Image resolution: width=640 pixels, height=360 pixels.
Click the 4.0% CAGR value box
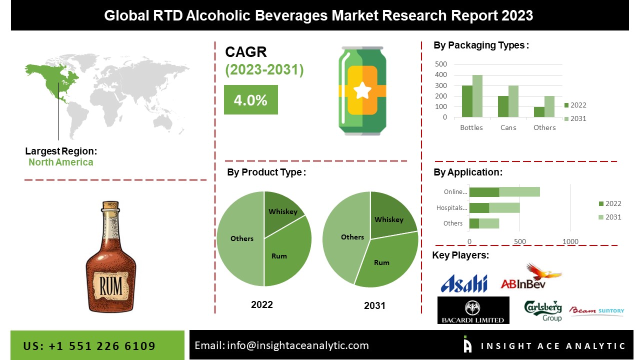coord(250,100)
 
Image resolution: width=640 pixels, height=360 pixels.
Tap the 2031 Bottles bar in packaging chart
coord(477,96)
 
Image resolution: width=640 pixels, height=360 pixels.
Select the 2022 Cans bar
coord(503,107)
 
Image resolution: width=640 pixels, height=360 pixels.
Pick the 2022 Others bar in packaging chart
coord(539,112)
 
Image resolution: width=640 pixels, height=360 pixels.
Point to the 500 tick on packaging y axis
coord(441,64)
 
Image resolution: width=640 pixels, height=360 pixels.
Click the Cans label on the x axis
coord(508,127)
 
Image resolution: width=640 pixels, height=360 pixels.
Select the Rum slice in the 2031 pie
coord(382,262)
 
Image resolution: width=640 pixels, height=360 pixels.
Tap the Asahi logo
coord(463,283)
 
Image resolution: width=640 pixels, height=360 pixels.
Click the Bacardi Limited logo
coord(473,310)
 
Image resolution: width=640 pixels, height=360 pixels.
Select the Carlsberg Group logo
coord(543,310)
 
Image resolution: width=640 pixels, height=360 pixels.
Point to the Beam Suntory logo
coord(597,311)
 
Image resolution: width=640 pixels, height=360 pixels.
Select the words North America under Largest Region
coord(60,162)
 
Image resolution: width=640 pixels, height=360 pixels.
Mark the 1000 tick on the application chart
coord(570,241)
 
